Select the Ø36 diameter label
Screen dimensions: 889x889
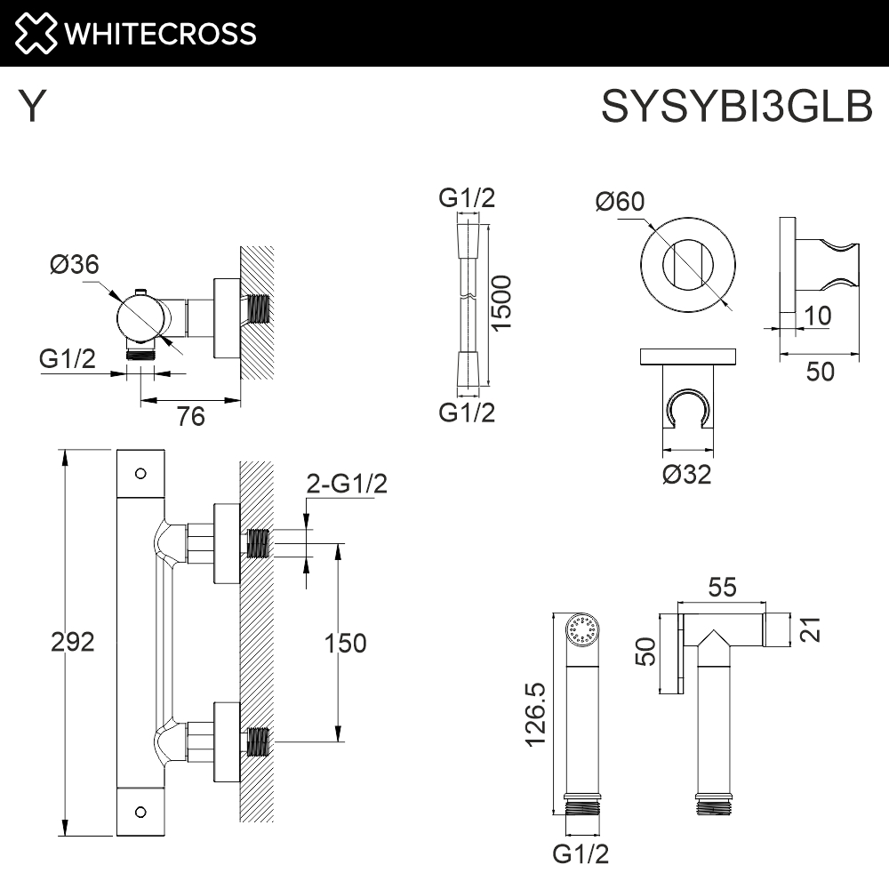coord(75,264)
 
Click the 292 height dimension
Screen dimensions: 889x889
coord(73,642)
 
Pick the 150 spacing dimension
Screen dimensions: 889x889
coord(344,643)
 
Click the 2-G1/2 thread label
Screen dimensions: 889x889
coord(347,485)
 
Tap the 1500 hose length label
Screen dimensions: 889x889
coord(503,303)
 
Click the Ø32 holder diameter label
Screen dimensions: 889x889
coord(686,475)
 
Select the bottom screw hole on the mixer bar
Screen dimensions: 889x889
coord(140,811)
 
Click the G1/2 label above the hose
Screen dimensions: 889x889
coord(468,198)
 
